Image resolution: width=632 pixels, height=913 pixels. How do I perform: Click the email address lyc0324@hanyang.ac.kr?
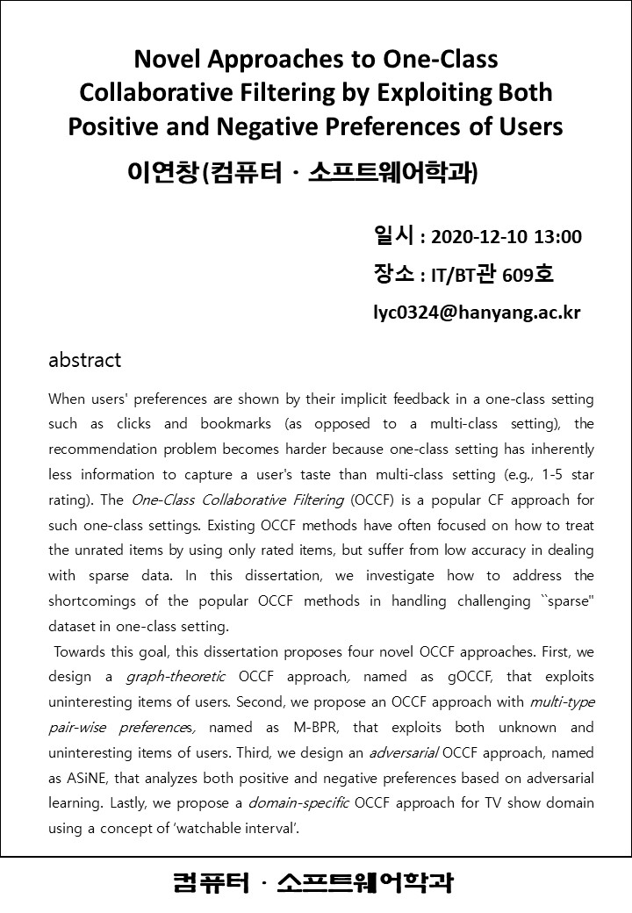click(477, 313)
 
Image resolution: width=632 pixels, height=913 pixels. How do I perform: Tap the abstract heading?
click(84, 360)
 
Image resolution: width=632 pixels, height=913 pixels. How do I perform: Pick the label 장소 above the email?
click(393, 275)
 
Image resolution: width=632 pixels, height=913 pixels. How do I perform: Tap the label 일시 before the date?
click(393, 236)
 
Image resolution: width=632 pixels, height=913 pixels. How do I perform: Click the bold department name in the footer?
click(314, 882)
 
